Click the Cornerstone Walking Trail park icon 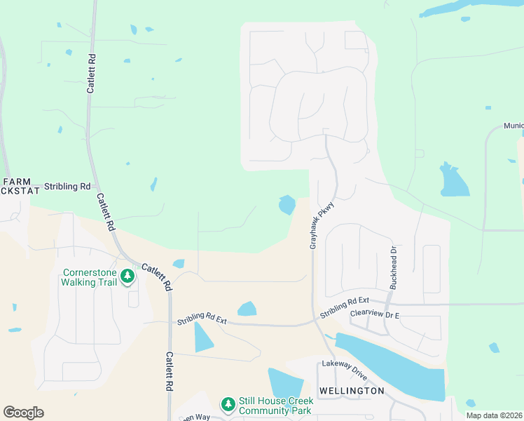coord(127,276)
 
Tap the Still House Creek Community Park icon coord(228,404)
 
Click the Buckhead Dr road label coord(393,267)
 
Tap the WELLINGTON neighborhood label coord(352,390)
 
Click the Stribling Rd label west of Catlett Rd coord(67,187)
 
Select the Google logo coord(23,413)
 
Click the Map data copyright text coord(494,415)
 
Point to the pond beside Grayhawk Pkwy coord(287,205)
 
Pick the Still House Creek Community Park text coord(274,406)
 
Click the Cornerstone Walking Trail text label coord(89,277)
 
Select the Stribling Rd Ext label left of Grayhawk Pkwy coord(202,320)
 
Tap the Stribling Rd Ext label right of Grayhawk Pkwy coord(344,307)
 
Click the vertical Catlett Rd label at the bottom coord(170,372)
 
